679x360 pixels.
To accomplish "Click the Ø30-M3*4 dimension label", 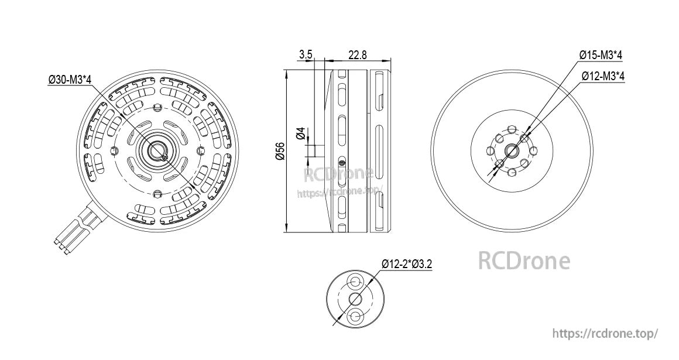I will (x=70, y=80).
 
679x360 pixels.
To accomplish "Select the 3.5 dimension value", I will (x=306, y=54).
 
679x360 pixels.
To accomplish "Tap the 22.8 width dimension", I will (x=357, y=54).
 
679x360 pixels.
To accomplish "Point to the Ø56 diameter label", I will (x=279, y=152).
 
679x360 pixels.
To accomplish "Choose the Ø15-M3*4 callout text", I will (x=601, y=55).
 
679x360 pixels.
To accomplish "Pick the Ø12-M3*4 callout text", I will (x=603, y=76).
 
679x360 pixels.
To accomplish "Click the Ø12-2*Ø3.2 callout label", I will (x=407, y=264).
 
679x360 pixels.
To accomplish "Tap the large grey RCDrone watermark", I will (x=524, y=261).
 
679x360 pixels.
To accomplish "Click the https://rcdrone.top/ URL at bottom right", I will (x=606, y=333).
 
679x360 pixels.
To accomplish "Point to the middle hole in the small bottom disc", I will (x=355, y=300).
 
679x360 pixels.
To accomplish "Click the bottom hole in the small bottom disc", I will (x=355, y=317).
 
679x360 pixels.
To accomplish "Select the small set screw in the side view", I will (x=342, y=163).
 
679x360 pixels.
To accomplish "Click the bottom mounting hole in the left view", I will (x=157, y=195).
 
